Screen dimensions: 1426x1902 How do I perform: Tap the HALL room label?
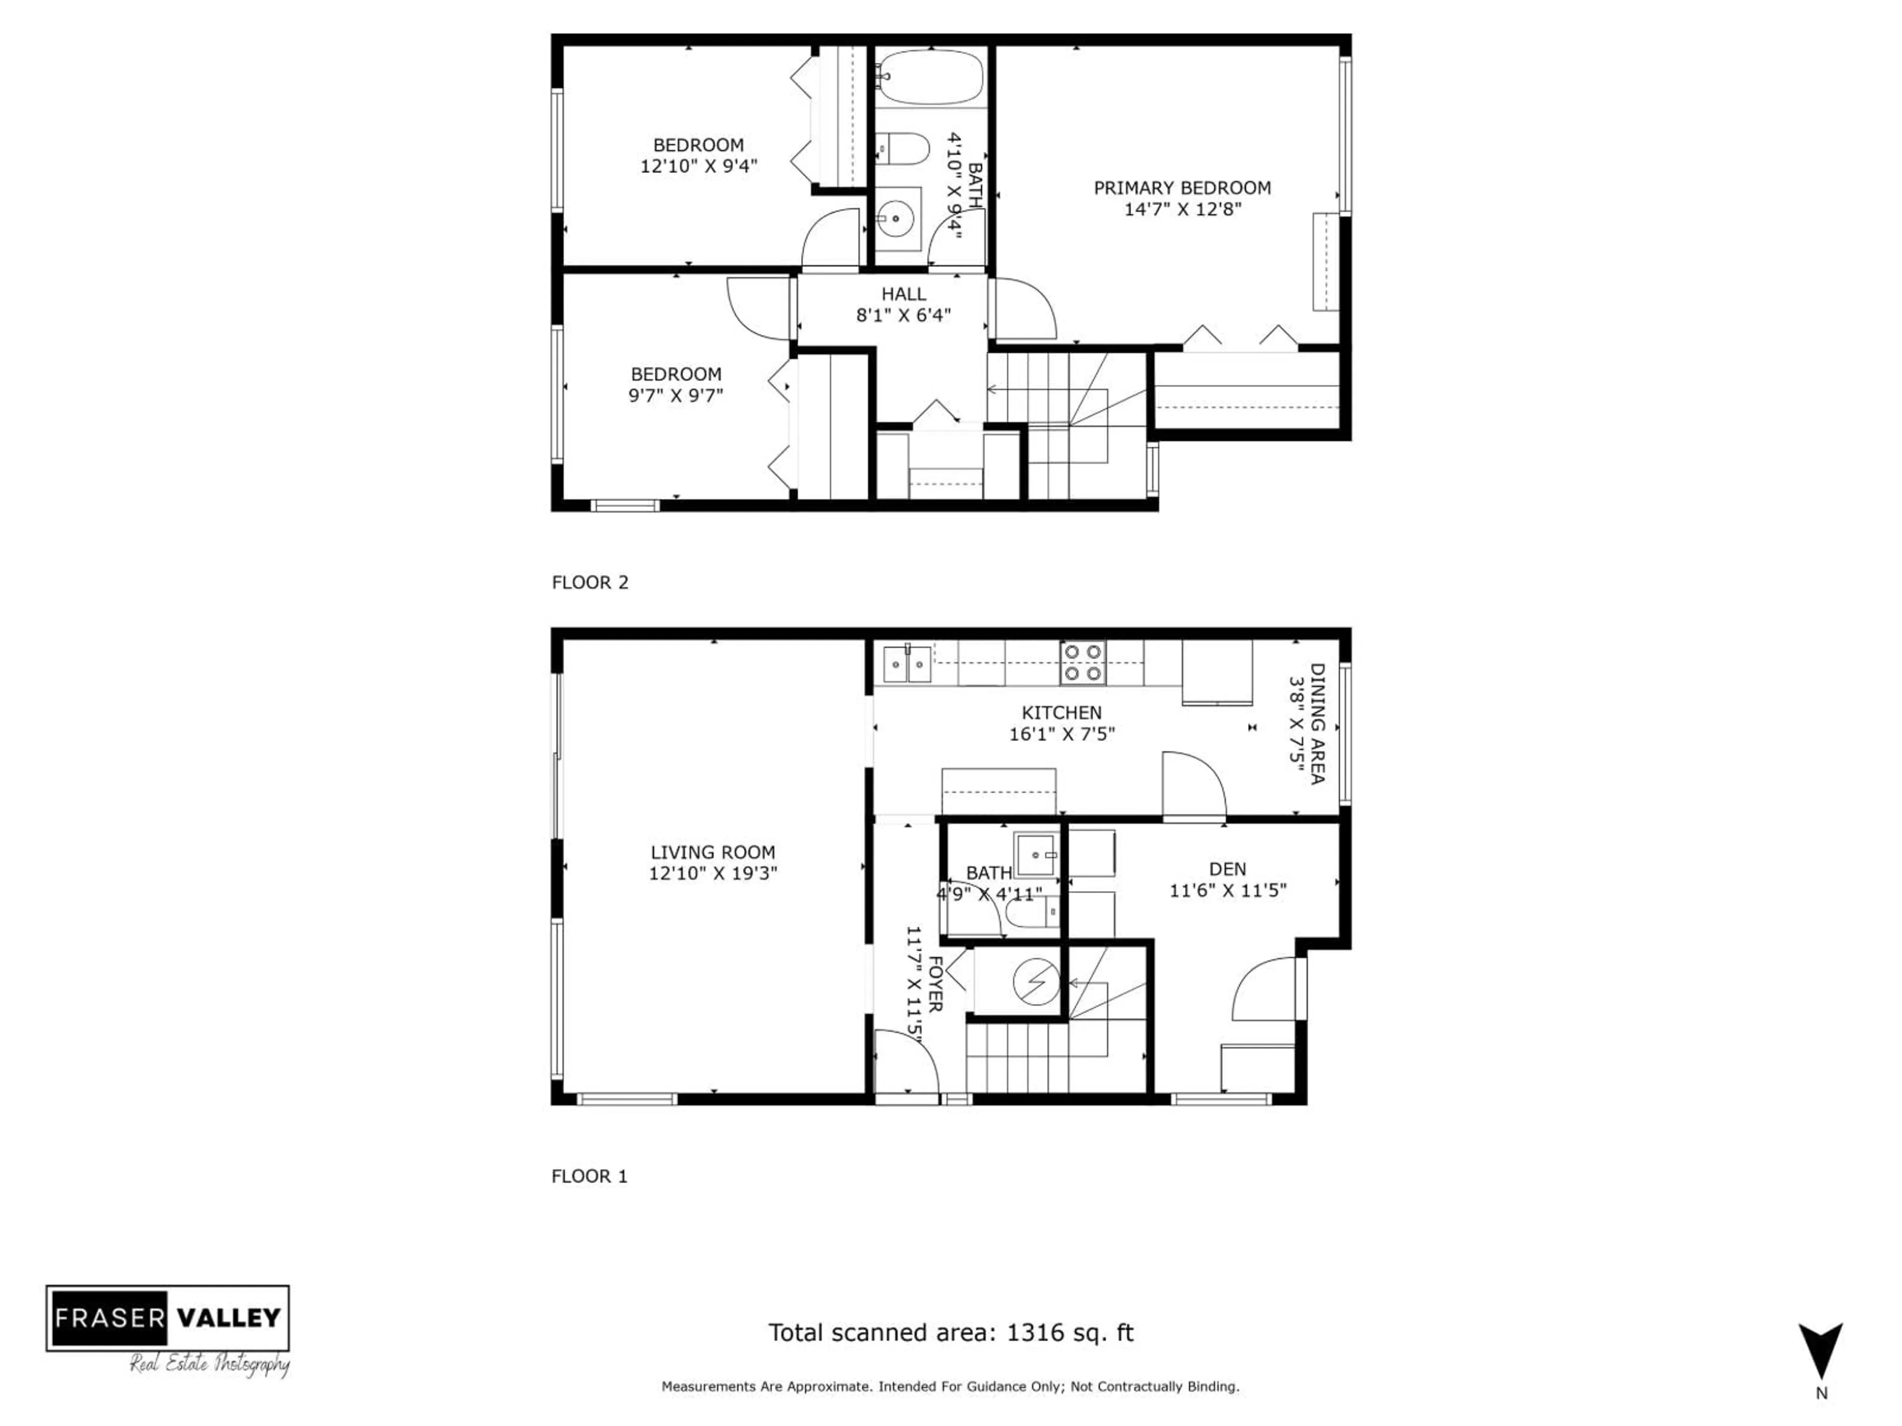[x=903, y=294]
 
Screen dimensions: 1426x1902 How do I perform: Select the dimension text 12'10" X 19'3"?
[x=713, y=873]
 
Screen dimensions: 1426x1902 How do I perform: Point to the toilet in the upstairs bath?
[x=904, y=149]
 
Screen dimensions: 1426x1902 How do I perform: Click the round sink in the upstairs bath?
[x=897, y=218]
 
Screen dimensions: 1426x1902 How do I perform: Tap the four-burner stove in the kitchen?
[x=1083, y=662]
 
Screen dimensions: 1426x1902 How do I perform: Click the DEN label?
[x=1227, y=869]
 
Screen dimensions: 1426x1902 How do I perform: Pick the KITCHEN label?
[x=1061, y=713]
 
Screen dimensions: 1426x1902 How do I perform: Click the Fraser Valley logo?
[x=168, y=1317]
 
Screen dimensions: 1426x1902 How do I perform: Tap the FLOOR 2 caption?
[x=590, y=582]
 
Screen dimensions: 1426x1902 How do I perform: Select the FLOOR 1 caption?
[x=589, y=1176]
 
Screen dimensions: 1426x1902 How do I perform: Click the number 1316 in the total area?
[x=1034, y=1332]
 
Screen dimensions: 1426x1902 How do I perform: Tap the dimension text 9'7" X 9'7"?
[x=676, y=396]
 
